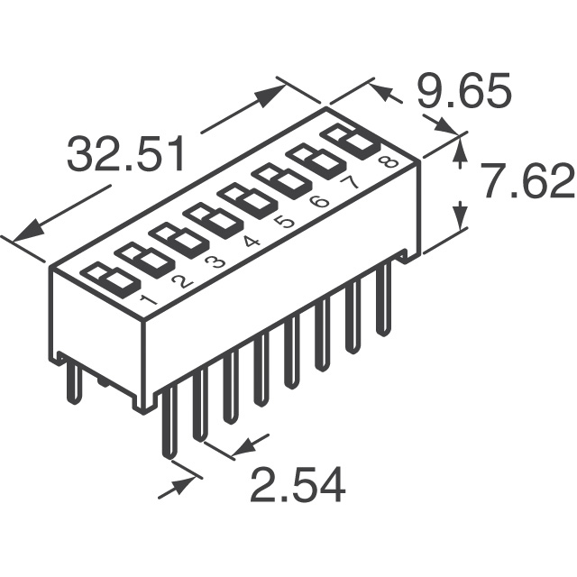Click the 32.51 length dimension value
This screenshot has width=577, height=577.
125,154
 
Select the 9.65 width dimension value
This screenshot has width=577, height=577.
464,90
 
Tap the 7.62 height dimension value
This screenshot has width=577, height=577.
527,181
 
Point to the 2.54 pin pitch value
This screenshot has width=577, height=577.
298,484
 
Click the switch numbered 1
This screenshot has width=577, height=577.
110,280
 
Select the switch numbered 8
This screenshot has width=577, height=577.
351,142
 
